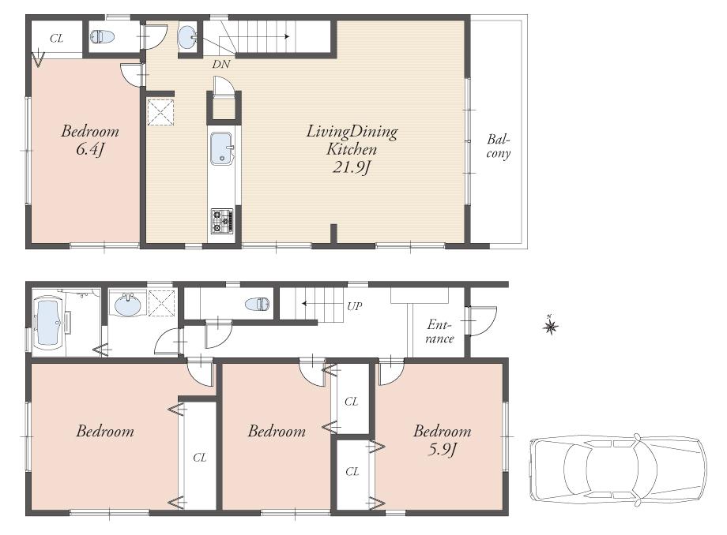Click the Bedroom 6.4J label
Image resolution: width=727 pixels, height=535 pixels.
click(90, 139)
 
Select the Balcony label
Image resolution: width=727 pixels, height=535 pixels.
click(498, 147)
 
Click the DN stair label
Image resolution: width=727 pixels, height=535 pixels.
click(220, 64)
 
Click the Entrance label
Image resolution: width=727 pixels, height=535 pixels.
click(440, 331)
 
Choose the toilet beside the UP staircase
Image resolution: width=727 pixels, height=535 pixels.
click(256, 304)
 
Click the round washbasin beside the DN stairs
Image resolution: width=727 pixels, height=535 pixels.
click(188, 37)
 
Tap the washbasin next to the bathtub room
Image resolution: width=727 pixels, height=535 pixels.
click(126, 304)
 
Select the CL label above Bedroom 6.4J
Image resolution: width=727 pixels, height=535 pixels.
click(56, 38)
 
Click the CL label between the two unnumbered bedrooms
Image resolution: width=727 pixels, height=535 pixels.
click(200, 456)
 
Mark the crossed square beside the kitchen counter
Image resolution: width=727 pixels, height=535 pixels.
click(161, 112)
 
